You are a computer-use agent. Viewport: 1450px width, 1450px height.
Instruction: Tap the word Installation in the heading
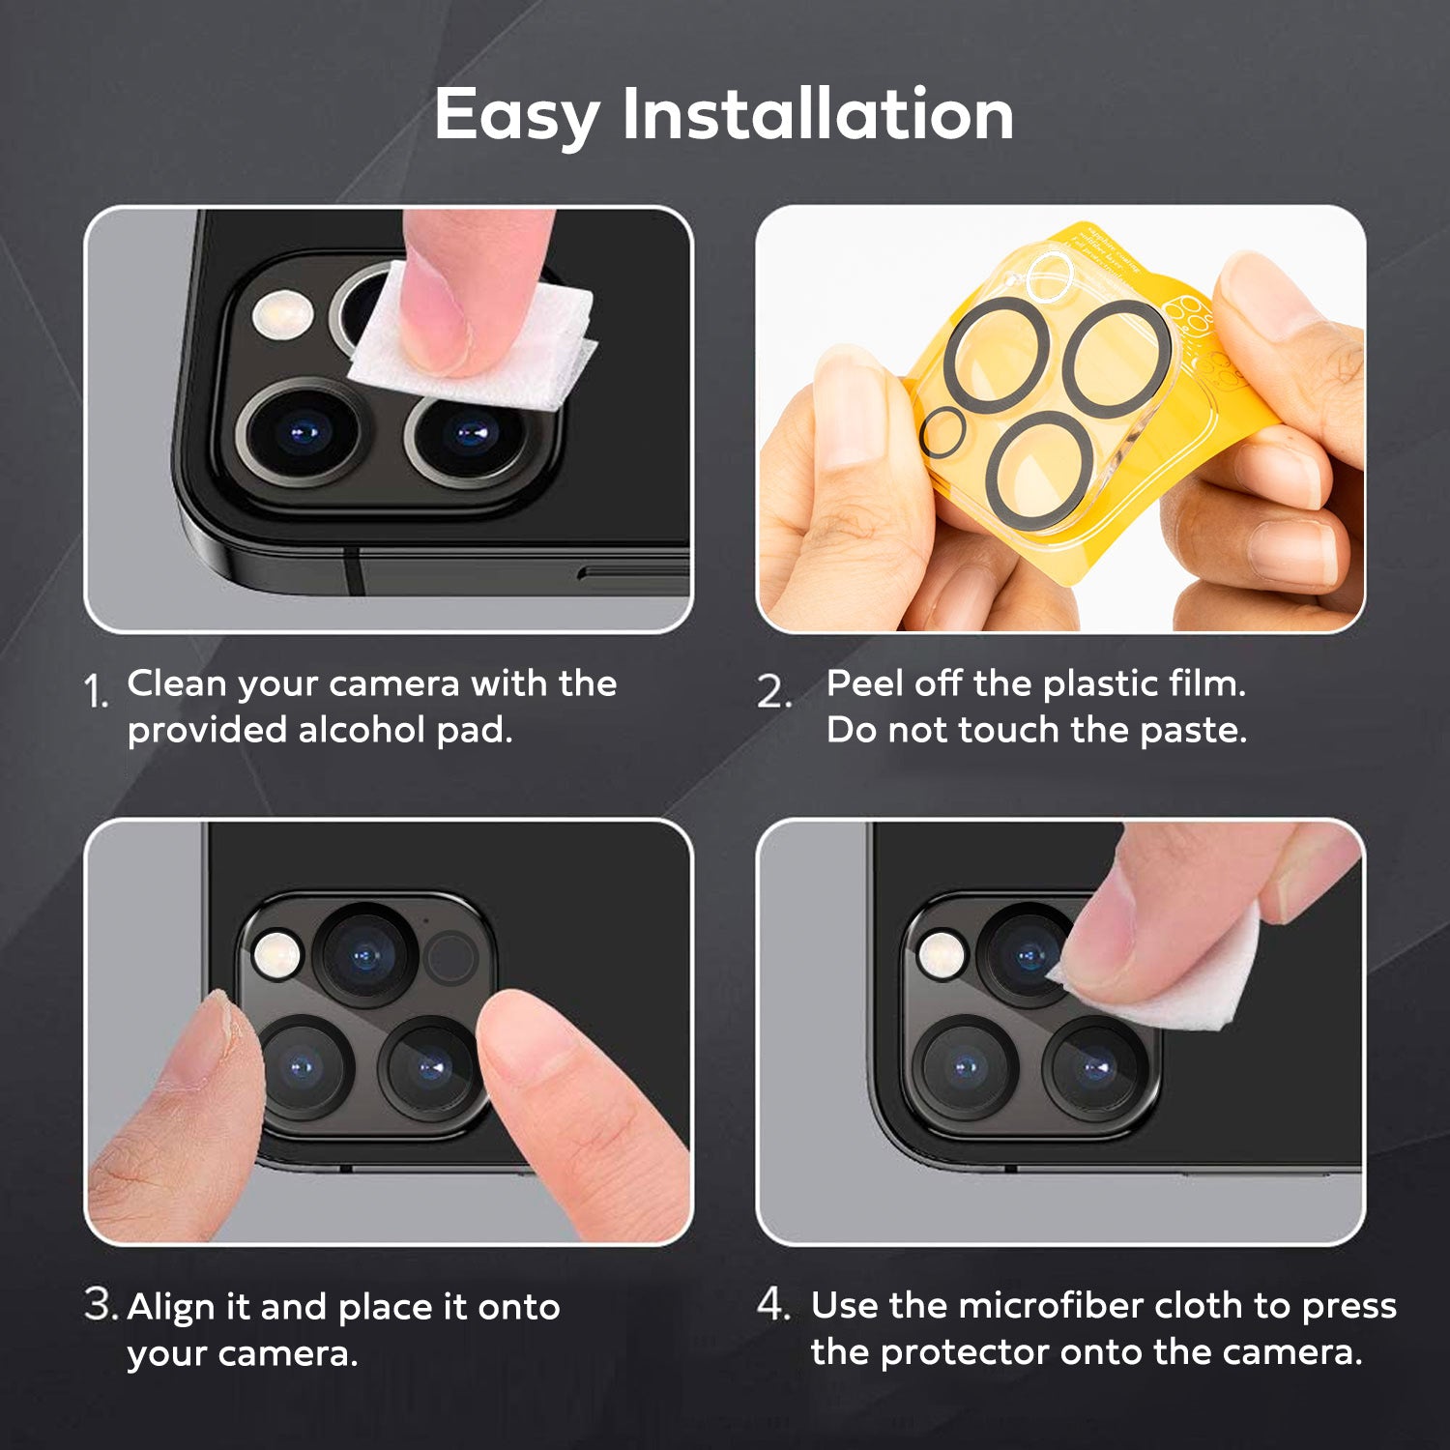[x=818, y=114]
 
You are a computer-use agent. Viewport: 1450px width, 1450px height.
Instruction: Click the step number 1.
[x=96, y=692]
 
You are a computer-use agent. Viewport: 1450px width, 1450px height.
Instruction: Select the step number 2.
[x=773, y=692]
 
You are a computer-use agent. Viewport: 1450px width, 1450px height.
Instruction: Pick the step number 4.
[x=773, y=1304]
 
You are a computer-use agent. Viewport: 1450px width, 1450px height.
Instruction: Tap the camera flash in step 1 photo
[x=281, y=315]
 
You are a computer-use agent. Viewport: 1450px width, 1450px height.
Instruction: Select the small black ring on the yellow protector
[x=942, y=431]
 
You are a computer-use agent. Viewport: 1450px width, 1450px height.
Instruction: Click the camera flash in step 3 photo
[x=275, y=954]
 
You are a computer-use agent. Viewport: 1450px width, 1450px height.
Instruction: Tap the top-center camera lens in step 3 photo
[x=364, y=956]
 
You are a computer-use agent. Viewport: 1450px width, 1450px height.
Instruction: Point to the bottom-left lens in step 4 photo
[x=965, y=1067]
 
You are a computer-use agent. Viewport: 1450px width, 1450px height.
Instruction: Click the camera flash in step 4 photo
[x=940, y=954]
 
